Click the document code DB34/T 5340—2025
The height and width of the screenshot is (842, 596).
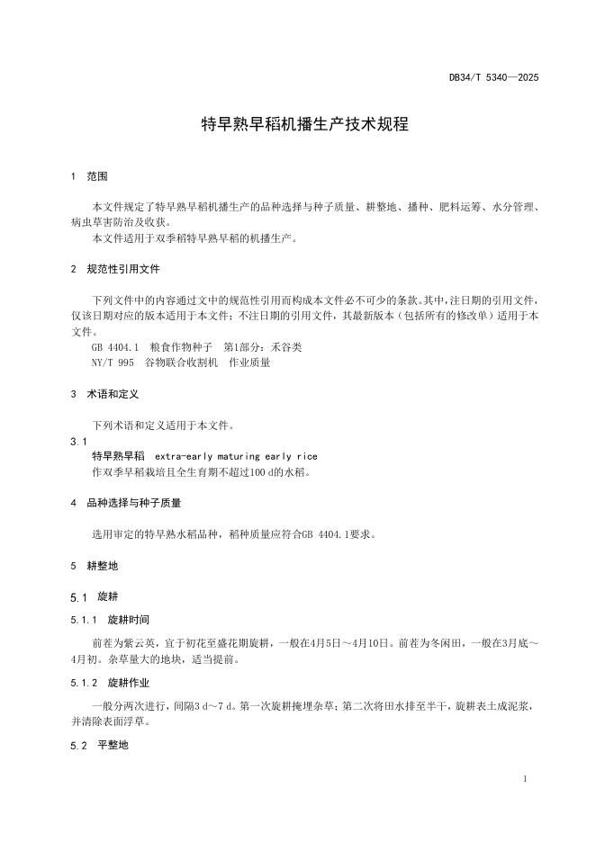pos(493,78)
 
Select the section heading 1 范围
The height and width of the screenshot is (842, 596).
pos(90,176)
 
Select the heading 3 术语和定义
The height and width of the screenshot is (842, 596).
pos(105,394)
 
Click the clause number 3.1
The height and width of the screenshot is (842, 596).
pos(78,441)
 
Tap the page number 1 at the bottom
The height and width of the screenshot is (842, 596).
pos(525,777)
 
